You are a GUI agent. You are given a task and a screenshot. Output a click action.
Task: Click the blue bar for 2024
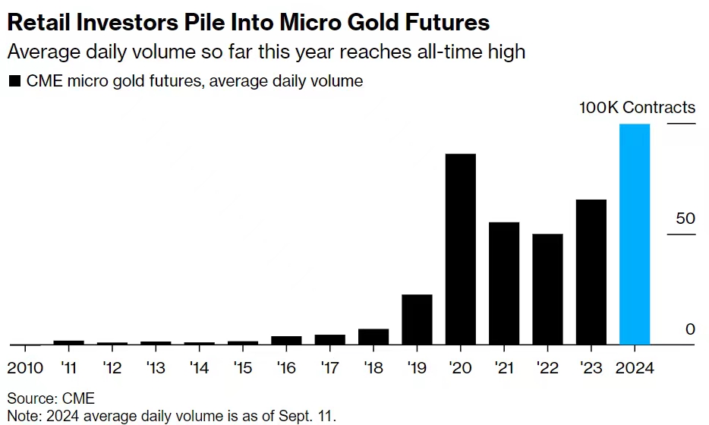635,234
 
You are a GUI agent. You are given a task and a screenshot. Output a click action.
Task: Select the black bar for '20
460,249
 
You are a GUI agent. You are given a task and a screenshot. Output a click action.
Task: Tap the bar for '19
417,320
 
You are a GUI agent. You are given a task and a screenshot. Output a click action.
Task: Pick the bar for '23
591,272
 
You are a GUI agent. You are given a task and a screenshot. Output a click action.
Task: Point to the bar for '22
547,289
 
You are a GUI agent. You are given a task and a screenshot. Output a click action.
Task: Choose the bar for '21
504,283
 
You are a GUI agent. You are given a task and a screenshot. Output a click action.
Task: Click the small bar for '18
373,337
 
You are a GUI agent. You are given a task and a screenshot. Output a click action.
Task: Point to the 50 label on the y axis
685,219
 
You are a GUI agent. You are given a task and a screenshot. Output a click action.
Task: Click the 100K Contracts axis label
637,107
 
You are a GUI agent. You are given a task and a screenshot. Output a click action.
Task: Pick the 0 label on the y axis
690,329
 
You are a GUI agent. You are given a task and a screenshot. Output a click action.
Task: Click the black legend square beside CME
14,81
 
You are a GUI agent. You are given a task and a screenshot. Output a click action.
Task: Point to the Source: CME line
51,397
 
